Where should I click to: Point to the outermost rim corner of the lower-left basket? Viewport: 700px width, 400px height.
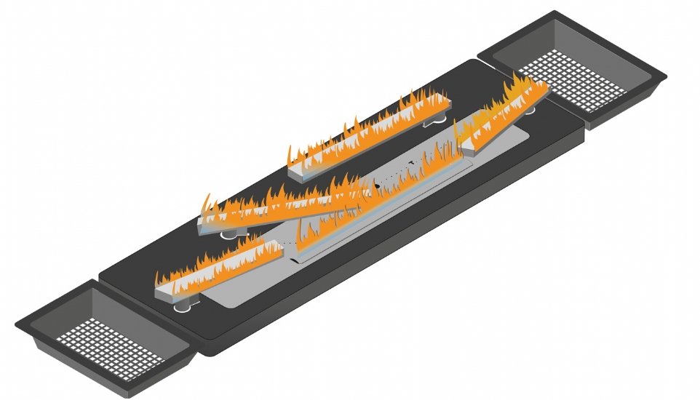click(x=17, y=321)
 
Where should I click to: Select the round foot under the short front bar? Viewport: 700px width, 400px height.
click(x=182, y=305)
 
